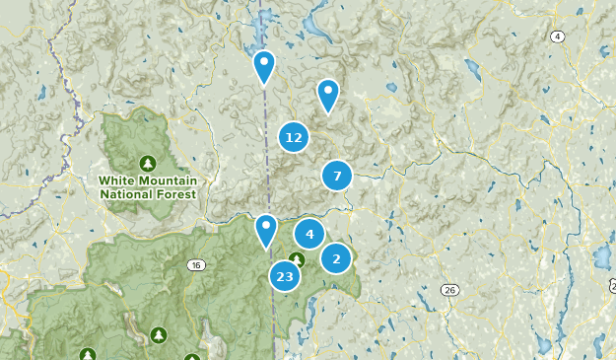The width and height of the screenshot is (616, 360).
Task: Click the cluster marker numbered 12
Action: pyautogui.click(x=293, y=138)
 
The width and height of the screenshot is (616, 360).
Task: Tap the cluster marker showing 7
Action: pyautogui.click(x=337, y=176)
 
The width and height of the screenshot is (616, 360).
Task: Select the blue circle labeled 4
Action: pyautogui.click(x=309, y=234)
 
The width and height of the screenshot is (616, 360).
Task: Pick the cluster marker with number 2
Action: pyautogui.click(x=336, y=258)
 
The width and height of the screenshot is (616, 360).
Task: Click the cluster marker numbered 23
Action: pyautogui.click(x=285, y=277)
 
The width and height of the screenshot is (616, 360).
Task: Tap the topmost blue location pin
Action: pyautogui.click(x=263, y=66)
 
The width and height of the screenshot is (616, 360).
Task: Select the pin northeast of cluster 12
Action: pyautogui.click(x=327, y=95)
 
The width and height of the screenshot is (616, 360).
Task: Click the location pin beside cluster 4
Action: pyautogui.click(x=265, y=231)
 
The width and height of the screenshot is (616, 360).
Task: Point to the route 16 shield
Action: pyautogui.click(x=196, y=265)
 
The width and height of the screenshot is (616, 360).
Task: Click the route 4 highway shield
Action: pyautogui.click(x=558, y=37)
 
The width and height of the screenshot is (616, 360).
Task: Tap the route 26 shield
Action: pyautogui.click(x=449, y=289)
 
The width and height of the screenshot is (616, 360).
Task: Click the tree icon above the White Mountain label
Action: pyautogui.click(x=147, y=163)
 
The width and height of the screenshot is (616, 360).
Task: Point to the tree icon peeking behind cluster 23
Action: pyautogui.click(x=296, y=259)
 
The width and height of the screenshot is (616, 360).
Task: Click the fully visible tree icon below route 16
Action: pyautogui.click(x=158, y=336)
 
